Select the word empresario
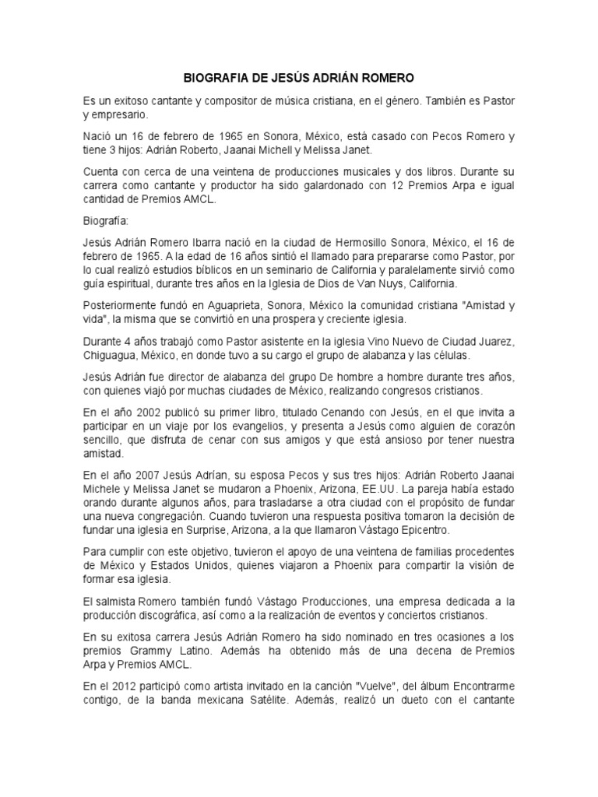tap(118, 114)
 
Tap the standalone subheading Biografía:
tap(107, 219)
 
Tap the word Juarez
tap(493, 342)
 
